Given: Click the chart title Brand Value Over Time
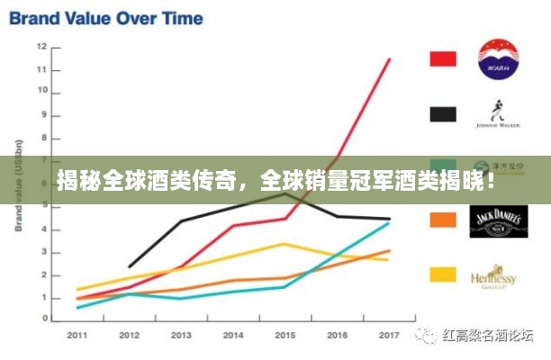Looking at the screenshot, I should (x=107, y=18).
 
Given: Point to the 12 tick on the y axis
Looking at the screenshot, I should (x=42, y=47).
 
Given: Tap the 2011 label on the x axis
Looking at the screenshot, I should (x=77, y=335).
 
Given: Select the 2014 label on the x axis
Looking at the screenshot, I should (x=232, y=335).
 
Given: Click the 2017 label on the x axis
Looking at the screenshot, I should (x=389, y=335).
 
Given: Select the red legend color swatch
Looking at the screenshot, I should (x=442, y=59).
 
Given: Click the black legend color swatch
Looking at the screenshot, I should (x=442, y=113).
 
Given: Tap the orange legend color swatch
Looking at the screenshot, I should (x=442, y=219).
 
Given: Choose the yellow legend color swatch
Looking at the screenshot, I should (x=442, y=273).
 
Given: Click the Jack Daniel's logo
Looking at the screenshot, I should (x=493, y=221).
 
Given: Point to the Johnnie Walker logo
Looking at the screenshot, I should (x=493, y=115).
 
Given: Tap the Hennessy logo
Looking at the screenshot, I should (x=493, y=275).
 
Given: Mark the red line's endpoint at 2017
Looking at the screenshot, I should (x=389, y=59).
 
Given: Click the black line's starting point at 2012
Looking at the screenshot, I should (x=130, y=266).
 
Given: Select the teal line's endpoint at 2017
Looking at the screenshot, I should (x=389, y=221).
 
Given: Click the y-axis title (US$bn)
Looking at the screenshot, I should (x=18, y=184).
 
